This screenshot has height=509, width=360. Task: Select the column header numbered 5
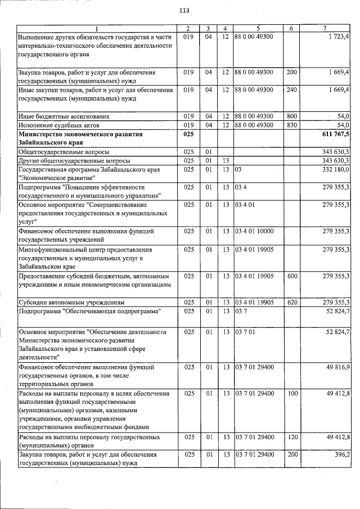pos(258,29)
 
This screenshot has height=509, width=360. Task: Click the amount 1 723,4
pos(337,37)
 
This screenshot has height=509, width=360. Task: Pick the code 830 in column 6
pos(291,125)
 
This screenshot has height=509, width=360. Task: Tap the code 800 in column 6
pos(291,116)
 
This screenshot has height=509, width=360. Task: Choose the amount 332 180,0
pos(336,169)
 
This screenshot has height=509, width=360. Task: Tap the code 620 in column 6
pos(291,303)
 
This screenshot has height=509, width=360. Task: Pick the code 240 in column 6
pos(291,89)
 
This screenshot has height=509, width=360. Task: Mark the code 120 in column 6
pos(291,436)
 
